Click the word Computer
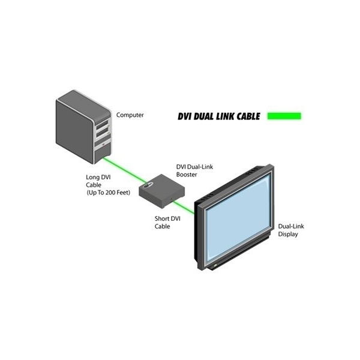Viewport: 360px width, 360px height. click(130, 115)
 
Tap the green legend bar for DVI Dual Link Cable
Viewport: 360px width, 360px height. click(284, 115)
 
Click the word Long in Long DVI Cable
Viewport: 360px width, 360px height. click(94, 178)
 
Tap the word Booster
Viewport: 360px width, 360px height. click(187, 175)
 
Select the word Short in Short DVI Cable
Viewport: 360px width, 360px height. click(157, 218)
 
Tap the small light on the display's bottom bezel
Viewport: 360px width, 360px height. click(212, 265)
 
